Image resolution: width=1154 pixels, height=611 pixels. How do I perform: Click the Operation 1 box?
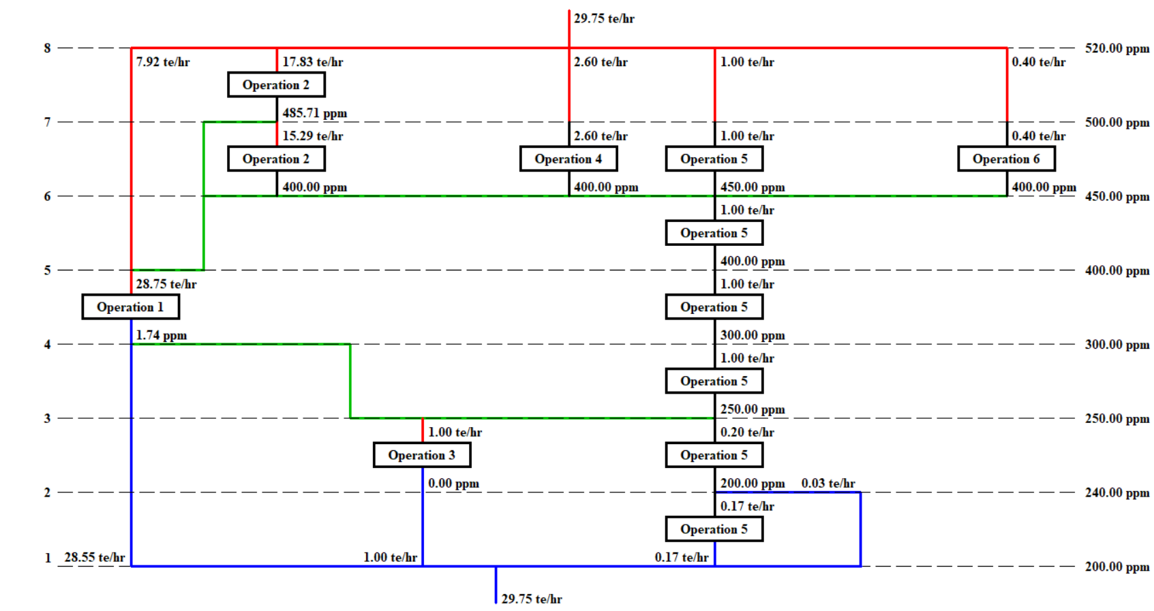[x=130, y=307]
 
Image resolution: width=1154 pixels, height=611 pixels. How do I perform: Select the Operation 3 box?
[x=422, y=455]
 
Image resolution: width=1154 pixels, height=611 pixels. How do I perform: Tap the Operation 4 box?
[x=568, y=159]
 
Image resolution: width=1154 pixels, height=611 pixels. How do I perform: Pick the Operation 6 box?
[x=1006, y=159]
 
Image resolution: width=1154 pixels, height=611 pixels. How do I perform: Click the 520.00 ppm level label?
[x=1117, y=48]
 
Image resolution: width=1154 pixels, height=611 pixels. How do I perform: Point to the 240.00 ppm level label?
[x=1117, y=492]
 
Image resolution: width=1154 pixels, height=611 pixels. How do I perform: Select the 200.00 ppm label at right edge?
[x=1117, y=567]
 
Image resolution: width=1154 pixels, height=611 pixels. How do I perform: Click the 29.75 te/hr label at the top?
[x=604, y=18]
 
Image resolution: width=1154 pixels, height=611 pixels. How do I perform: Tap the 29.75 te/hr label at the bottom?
[x=532, y=599]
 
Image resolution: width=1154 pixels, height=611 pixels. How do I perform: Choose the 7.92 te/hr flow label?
[x=163, y=62]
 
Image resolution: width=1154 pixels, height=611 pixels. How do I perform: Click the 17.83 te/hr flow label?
[x=313, y=62]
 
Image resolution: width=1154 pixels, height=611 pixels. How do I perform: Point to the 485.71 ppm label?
[x=315, y=113]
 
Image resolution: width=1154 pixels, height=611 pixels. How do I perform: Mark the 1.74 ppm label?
[x=162, y=335]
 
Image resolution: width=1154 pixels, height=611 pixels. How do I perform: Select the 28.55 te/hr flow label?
[x=95, y=557]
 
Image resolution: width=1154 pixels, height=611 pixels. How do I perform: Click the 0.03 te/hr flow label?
[x=828, y=483]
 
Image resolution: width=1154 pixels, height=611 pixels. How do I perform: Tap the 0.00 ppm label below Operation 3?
[x=453, y=484]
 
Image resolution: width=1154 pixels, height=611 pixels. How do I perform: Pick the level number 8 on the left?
[x=48, y=48]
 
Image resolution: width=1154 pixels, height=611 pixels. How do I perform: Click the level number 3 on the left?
[x=48, y=418]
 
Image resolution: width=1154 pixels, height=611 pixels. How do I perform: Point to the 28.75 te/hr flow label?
[x=166, y=284]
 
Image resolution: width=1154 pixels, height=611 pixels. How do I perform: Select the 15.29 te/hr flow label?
[x=313, y=136]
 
